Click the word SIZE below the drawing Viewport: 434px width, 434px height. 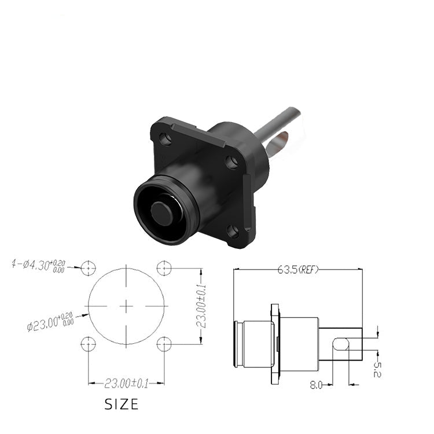(x=122, y=404)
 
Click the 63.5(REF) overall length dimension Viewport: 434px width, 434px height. (x=298, y=269)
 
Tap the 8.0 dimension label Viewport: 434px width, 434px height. (x=316, y=385)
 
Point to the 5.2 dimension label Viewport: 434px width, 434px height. (x=377, y=369)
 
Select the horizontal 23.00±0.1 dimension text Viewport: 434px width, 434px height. (x=127, y=384)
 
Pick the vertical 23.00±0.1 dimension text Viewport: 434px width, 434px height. (x=201, y=306)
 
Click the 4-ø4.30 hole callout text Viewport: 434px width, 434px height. (x=38, y=265)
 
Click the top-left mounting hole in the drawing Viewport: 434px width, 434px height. (x=89, y=268)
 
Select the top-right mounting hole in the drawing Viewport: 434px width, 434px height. (x=164, y=268)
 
